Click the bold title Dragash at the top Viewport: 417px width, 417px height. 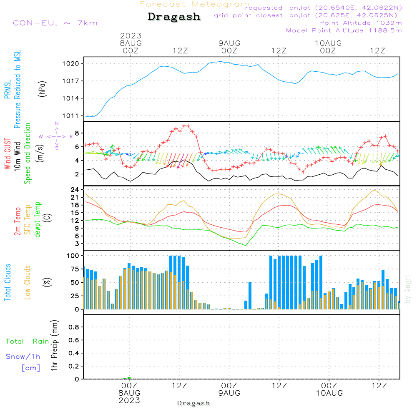tap(174, 17)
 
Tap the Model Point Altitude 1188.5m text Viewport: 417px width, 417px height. tap(344, 30)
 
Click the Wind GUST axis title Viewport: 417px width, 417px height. tap(8, 154)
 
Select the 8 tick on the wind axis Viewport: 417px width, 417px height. tap(77, 133)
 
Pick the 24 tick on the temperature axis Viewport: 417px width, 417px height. tap(75, 190)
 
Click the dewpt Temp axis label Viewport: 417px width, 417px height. tap(38, 220)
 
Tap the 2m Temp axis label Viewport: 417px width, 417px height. tap(18, 221)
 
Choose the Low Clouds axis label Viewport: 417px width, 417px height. tap(28, 282)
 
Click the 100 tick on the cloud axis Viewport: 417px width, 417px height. tap(73, 255)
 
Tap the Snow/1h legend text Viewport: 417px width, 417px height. tap(23, 357)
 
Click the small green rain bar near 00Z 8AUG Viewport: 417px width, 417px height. tap(129, 378)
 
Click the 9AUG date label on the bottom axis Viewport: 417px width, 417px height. tap(229, 393)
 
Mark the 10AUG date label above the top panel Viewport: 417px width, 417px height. tap(328, 43)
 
